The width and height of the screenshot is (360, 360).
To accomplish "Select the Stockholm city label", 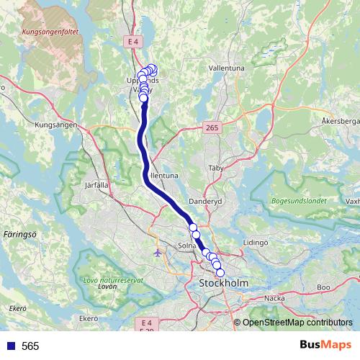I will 222,284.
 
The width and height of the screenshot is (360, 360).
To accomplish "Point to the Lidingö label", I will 256,243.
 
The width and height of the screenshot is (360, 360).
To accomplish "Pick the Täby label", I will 216,167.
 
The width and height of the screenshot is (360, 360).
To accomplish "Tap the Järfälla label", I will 96,185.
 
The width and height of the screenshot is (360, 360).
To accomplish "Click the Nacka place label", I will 275,297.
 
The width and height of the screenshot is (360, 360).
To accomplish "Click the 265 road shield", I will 211,127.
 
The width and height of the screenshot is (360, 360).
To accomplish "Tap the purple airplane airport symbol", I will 158,253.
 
